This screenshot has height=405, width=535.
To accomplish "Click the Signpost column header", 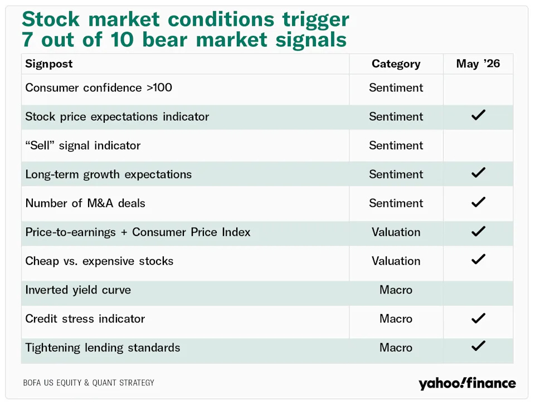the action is (x=49, y=64).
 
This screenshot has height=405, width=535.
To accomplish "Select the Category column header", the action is (x=396, y=64).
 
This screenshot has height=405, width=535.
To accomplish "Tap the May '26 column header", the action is (x=478, y=64).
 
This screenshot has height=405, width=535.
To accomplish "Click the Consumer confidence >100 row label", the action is (x=99, y=88).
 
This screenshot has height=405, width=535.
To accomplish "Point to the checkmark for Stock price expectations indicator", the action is (x=478, y=115).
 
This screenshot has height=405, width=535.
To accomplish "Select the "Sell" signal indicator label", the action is (x=83, y=146).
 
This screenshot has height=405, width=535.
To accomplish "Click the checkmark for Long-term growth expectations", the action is (x=478, y=173).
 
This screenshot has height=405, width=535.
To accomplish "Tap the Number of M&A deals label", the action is (x=85, y=203).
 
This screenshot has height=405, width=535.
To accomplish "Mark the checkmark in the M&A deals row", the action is (x=478, y=202).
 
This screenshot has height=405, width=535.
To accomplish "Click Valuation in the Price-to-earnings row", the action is (x=396, y=232).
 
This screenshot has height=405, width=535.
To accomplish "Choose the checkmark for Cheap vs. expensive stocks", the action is (x=478, y=259).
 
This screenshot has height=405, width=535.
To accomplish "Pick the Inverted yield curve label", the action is (x=78, y=290).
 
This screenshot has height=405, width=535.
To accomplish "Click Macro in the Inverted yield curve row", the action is (x=396, y=290).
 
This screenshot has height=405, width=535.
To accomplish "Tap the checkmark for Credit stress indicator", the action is (x=478, y=319).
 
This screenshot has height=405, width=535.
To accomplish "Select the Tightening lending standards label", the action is (x=103, y=348).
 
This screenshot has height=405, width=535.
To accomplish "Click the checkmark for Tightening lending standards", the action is (x=478, y=346).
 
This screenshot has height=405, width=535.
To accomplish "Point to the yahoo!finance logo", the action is (x=467, y=383).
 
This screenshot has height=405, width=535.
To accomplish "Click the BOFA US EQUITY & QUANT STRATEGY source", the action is (x=89, y=383).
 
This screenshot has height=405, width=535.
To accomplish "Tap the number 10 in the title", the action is (x=122, y=40).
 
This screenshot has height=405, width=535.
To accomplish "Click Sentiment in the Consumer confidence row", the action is (x=396, y=88).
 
